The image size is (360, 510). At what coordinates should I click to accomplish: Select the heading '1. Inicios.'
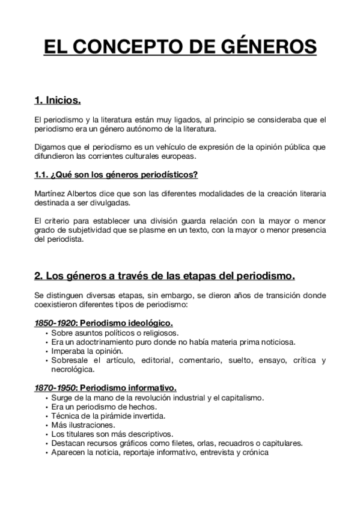[58, 99]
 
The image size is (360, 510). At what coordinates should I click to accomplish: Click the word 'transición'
[272, 295]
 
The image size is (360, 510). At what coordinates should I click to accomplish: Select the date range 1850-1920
[52, 323]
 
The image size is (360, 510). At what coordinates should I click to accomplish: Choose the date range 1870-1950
[52, 388]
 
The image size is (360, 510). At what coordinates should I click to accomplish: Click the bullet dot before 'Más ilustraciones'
[46, 425]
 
